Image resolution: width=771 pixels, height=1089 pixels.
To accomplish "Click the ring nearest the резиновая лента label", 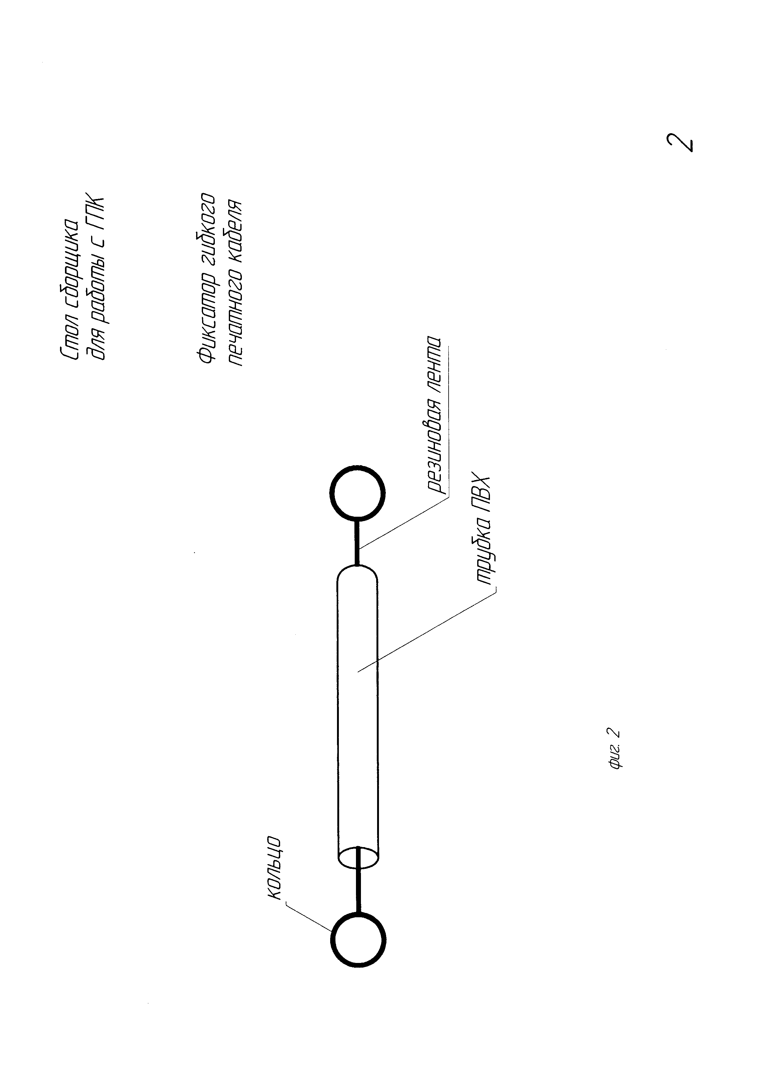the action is coord(358,493).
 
